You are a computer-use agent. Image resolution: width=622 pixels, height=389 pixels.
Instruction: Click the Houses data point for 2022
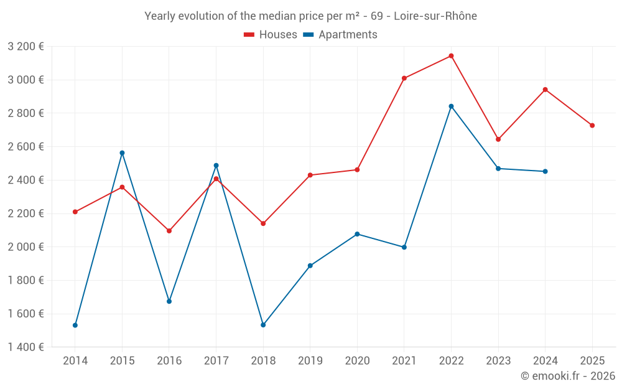[451, 56]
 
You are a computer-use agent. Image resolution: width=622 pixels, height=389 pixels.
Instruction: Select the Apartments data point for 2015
[122, 153]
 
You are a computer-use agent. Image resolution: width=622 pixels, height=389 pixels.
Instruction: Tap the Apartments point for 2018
[263, 325]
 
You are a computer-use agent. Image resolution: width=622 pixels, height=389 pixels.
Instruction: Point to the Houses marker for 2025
[592, 126]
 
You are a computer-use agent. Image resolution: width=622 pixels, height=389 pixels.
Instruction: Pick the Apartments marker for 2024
[545, 171]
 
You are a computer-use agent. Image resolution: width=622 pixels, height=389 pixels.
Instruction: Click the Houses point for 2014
[75, 212]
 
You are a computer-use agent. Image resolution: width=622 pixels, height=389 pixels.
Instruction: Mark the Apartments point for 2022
[451, 106]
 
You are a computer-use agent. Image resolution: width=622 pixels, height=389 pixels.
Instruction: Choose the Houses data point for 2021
[404, 78]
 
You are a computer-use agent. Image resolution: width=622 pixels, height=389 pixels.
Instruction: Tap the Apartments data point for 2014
[75, 325]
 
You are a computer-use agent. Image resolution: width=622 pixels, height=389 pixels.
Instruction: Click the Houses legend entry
[271, 35]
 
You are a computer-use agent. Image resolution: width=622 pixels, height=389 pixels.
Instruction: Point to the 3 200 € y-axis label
[26, 46]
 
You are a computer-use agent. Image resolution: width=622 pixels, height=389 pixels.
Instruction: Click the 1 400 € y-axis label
[26, 347]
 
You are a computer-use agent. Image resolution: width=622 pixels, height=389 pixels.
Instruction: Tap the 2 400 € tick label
[26, 180]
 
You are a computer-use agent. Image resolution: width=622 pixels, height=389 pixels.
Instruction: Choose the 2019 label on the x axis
[310, 360]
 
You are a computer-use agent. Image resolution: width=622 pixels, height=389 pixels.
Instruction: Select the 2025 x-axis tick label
[592, 360]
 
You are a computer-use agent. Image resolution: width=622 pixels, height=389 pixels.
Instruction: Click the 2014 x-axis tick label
[75, 360]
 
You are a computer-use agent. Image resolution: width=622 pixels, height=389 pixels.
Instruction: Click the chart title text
[310, 16]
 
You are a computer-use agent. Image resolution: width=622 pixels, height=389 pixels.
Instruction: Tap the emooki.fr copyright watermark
[567, 376]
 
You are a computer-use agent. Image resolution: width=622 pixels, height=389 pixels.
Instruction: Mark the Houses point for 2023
[498, 139]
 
